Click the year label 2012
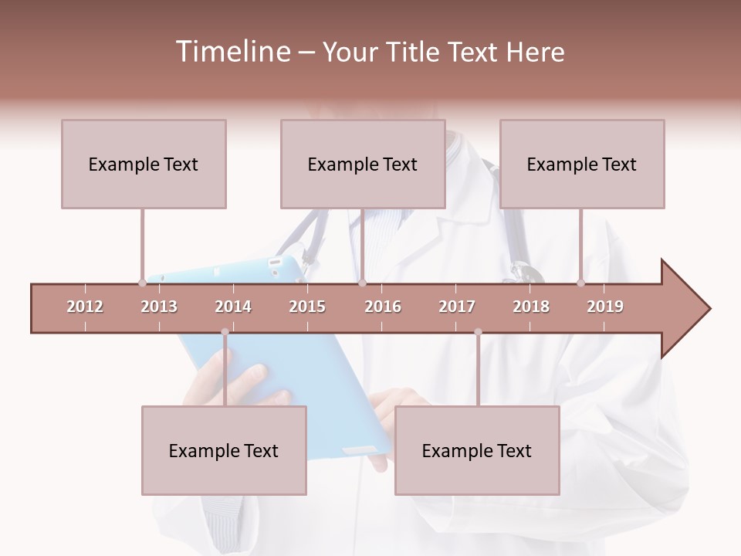click(x=85, y=307)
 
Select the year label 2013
click(x=159, y=307)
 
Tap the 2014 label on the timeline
click(x=233, y=307)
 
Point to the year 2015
click(x=307, y=307)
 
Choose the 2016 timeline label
click(x=383, y=307)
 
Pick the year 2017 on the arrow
click(x=457, y=307)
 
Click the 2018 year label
click(x=531, y=307)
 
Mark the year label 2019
click(x=605, y=307)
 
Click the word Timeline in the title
click(x=231, y=52)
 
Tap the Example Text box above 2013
click(x=144, y=164)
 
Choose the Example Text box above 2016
click(x=363, y=164)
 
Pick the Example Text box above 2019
click(x=582, y=164)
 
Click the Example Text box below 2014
click(x=224, y=450)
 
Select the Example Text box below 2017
click(x=477, y=450)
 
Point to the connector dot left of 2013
click(x=142, y=283)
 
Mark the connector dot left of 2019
click(x=580, y=283)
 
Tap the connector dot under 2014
click(x=225, y=332)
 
